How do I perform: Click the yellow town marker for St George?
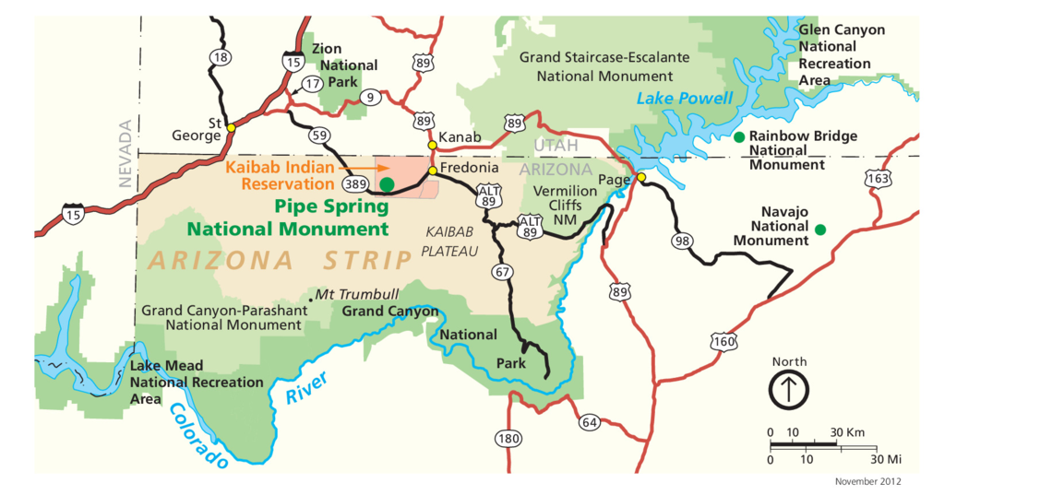click(x=230, y=127)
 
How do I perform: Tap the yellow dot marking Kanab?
click(x=431, y=145)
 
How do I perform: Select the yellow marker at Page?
click(x=640, y=177)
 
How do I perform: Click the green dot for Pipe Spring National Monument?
click(x=387, y=184)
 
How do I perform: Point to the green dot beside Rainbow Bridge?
click(x=738, y=137)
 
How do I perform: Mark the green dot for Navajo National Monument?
click(x=819, y=229)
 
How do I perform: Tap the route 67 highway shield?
click(x=502, y=272)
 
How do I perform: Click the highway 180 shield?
click(x=508, y=438)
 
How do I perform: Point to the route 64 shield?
click(x=590, y=422)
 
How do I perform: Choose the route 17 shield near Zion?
click(x=312, y=84)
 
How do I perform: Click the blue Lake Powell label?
click(x=685, y=99)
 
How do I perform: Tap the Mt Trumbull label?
click(x=356, y=294)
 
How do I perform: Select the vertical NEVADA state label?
click(x=126, y=154)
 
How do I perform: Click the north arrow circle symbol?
click(x=789, y=390)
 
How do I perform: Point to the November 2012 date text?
click(x=867, y=481)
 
